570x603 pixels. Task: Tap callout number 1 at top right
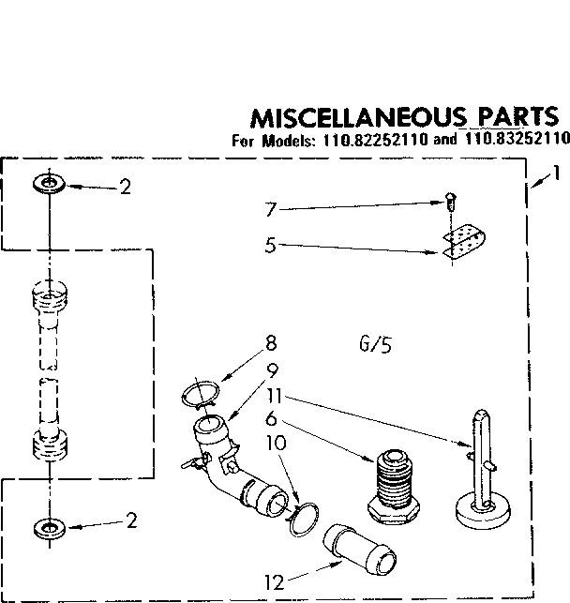pyautogui.click(x=556, y=173)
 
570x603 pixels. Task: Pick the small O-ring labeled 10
pyautogui.click(x=302, y=519)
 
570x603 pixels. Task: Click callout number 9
pyautogui.click(x=272, y=369)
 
